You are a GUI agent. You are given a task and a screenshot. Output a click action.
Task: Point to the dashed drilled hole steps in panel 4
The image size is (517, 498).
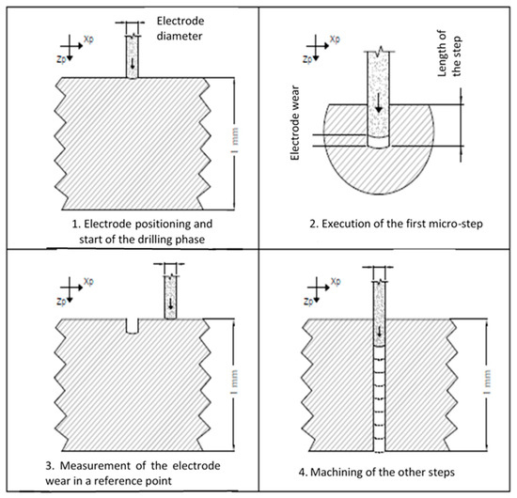click(x=379, y=404)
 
